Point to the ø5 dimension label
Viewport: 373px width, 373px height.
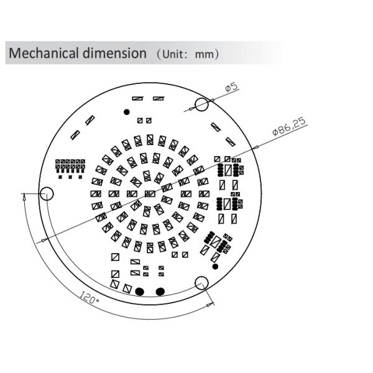click(231, 88)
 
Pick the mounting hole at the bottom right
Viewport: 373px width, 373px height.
click(202, 283)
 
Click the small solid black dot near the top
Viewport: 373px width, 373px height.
click(127, 112)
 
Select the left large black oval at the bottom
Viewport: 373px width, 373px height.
click(140, 291)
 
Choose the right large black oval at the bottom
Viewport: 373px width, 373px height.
click(160, 291)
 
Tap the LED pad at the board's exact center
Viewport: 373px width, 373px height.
click(149, 194)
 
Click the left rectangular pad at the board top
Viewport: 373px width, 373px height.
click(138, 98)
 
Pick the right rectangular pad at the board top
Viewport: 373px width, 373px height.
click(159, 98)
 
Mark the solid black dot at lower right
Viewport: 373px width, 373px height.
click(216, 266)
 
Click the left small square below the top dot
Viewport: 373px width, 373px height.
click(140, 120)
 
